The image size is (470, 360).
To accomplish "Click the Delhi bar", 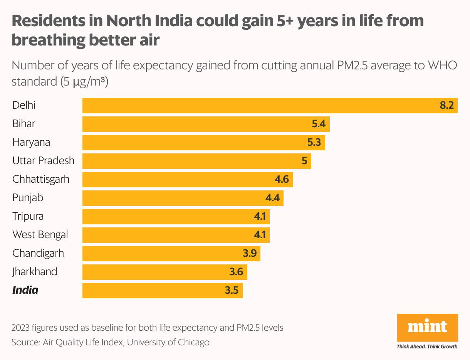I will pos(270,105).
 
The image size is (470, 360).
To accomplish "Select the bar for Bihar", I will pos(206,124).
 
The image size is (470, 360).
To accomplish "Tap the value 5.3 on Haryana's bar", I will pos(314,142).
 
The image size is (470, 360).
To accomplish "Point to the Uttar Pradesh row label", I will pos(43,161).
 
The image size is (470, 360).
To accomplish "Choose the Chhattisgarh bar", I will pos(187,179).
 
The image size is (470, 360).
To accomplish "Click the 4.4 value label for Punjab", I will pos(272,198).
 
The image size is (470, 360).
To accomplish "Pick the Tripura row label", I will pos(28,216).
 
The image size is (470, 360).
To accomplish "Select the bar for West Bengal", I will pos(176,235).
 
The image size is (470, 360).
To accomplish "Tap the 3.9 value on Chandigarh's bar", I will pos(249,253).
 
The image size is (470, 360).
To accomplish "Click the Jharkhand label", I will pos(35,272).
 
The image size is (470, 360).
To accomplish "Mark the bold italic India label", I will pos(25,290).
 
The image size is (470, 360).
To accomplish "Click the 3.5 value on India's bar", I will pos(232,290).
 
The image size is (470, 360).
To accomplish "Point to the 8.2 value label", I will pos(447,105).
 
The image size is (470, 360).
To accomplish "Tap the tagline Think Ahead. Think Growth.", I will pos(427,347).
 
